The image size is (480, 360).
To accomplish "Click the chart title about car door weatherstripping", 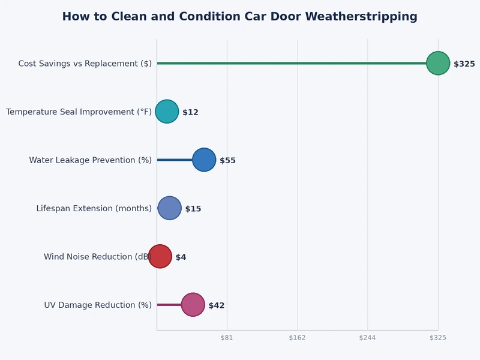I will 239,17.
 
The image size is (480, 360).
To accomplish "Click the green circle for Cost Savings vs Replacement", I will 438,63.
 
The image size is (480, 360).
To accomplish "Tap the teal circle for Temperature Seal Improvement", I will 167,112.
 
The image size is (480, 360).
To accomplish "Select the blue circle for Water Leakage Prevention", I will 204,160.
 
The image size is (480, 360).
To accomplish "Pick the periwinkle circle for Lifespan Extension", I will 169,208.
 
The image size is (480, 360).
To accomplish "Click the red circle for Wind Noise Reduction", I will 160,256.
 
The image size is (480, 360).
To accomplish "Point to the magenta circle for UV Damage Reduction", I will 193,305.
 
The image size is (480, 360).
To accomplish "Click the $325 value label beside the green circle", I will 464,64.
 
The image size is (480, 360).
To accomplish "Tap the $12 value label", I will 190,112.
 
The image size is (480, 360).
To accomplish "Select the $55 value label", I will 227,161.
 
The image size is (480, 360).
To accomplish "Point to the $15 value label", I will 193,209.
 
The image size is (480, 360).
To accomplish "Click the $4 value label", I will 181,257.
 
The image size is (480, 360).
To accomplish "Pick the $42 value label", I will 217,305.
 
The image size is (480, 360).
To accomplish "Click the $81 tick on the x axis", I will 227,338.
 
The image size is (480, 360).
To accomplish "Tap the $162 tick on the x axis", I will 297,338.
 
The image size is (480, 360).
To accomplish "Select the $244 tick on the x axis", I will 367,338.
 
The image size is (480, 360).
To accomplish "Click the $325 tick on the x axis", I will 438,338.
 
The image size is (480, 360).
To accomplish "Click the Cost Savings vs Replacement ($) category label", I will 85,64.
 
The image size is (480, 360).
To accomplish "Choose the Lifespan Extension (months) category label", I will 94,209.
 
